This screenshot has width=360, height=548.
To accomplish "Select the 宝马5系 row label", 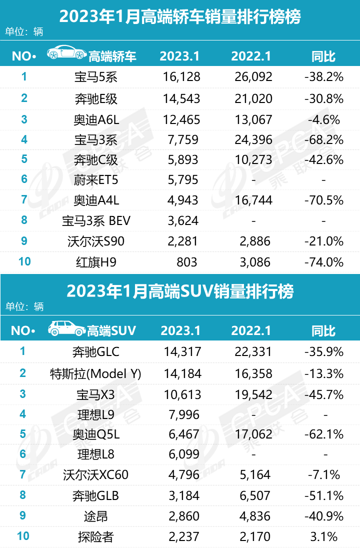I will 95,77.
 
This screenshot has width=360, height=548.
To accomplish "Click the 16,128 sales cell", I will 181,77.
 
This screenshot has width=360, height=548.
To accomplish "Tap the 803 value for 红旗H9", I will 187,261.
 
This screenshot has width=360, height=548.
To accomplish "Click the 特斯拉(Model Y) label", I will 95,373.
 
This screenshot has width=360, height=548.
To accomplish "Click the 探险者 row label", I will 95,537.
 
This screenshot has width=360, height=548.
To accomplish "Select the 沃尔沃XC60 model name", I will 95,474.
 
